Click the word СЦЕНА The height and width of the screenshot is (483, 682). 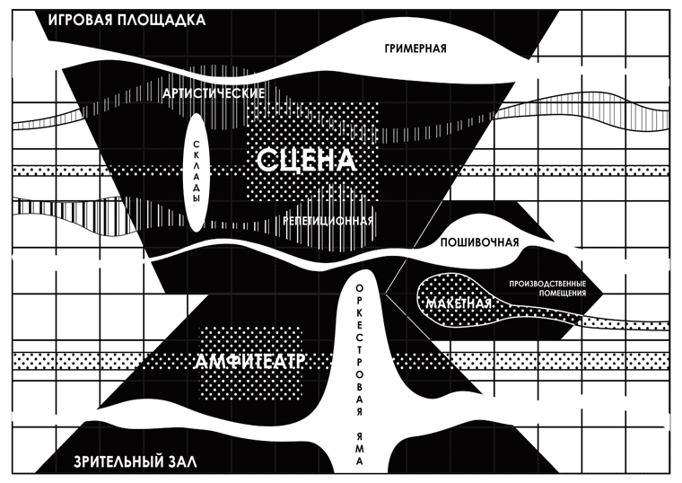pos(306,161)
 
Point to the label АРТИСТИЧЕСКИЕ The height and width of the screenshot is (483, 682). pos(214,93)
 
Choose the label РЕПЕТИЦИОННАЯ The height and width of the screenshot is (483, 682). pos(328,221)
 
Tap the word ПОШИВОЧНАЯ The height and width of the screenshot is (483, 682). pos(480,243)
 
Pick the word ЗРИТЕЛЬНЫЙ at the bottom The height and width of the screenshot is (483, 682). pos(117,462)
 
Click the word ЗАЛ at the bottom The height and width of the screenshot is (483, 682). pos(183,462)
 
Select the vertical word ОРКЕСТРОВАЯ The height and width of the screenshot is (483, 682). pos(360,351)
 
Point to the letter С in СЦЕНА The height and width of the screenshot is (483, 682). pos(267,161)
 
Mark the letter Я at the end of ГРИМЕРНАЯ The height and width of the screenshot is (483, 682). pos(442,48)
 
